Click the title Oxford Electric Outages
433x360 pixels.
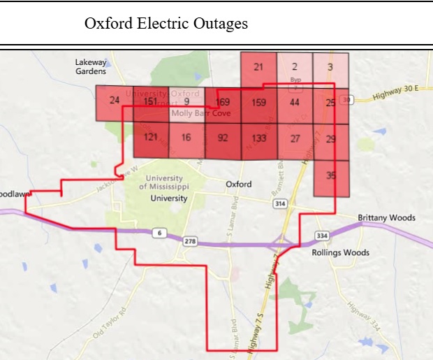pyautogui.click(x=166, y=24)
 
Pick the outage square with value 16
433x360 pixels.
pyautogui.click(x=186, y=138)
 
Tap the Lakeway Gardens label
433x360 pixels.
pyautogui.click(x=91, y=66)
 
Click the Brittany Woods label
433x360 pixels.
pyautogui.click(x=386, y=217)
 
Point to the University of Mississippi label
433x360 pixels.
pyautogui.click(x=163, y=182)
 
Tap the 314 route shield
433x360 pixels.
pyautogui.click(x=281, y=203)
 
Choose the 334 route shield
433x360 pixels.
pyautogui.click(x=322, y=235)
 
